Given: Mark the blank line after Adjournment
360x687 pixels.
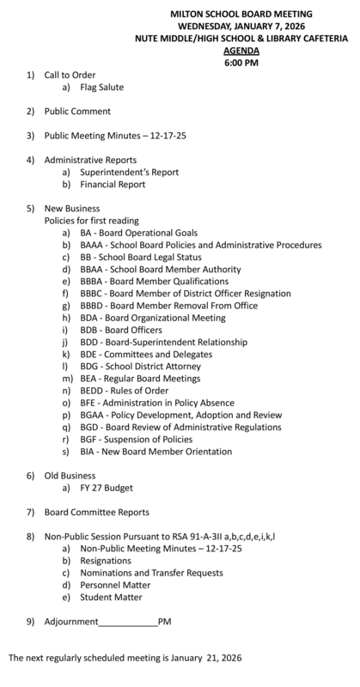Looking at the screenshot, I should [x=128, y=622].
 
